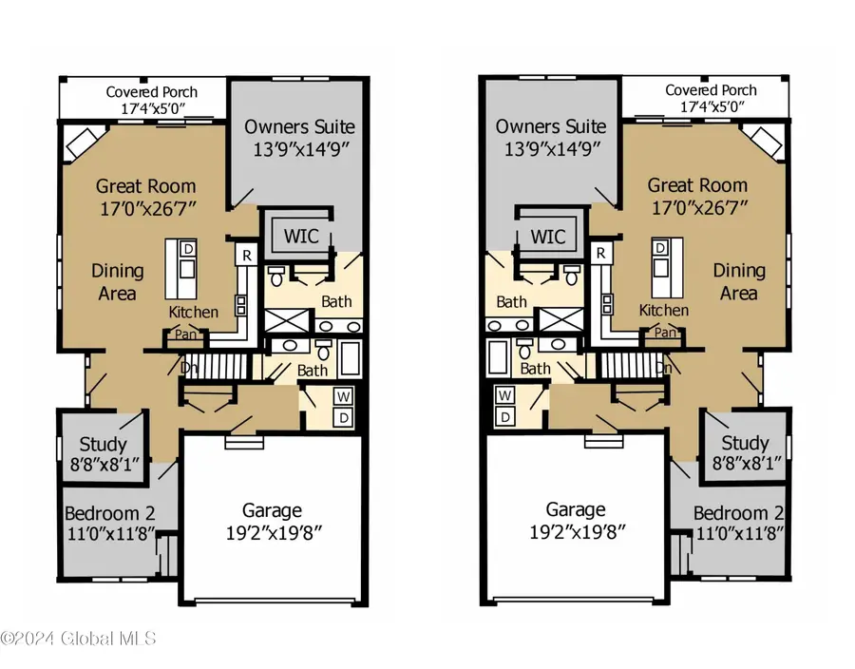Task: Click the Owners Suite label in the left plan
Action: tap(299, 126)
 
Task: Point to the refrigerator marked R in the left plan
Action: tap(246, 255)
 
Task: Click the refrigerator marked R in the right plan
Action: tap(600, 254)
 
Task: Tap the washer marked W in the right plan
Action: tap(505, 395)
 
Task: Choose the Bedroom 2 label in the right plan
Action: tap(738, 512)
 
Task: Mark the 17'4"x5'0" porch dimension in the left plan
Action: tap(152, 108)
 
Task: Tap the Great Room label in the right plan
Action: tap(697, 185)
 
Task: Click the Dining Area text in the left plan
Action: tap(118, 282)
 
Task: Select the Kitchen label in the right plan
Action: tap(664, 311)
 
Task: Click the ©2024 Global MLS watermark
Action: tap(78, 639)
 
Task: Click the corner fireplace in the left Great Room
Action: tap(81, 144)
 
